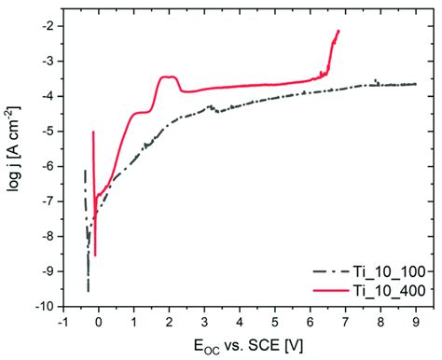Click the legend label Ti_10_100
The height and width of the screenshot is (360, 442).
pyautogui.click(x=393, y=270)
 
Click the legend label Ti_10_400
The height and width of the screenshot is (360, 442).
pyautogui.click(x=393, y=290)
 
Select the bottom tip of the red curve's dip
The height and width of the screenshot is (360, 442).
pyautogui.click(x=95, y=255)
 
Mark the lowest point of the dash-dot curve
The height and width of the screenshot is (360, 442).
pyautogui.click(x=89, y=291)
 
